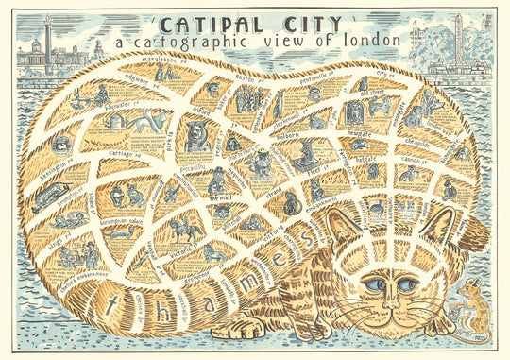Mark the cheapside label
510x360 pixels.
(417, 144)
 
